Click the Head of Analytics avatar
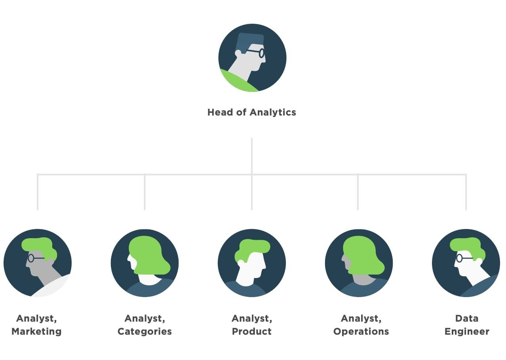pos(252,58)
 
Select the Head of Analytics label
pos(251,112)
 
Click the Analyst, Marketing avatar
pos(38,263)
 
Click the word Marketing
pos(36,332)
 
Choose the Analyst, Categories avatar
pos(145,263)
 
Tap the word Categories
pos(145,332)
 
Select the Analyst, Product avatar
pos(252,263)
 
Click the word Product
pos(252,332)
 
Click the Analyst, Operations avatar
pos(359,263)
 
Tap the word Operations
pos(361,332)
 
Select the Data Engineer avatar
pos(466,263)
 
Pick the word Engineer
pos(467,332)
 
